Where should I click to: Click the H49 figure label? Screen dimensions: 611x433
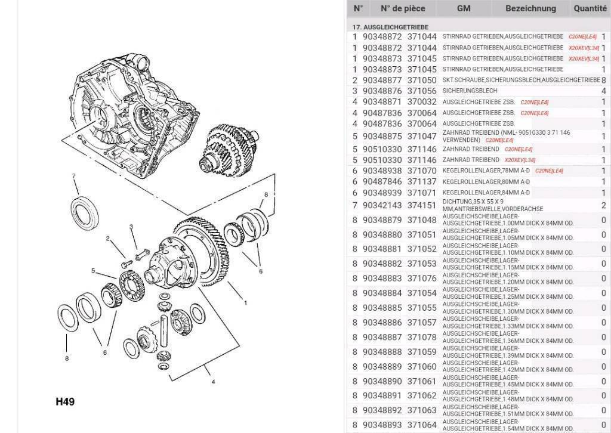coord(65,401)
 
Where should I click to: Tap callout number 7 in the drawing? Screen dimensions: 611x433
coord(73,177)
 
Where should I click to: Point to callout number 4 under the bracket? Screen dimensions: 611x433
coord(213,382)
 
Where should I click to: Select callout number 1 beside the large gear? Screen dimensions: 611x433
coord(245,302)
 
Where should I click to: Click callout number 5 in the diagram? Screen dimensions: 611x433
coord(93,271)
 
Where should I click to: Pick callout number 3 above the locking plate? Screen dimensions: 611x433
coord(131,227)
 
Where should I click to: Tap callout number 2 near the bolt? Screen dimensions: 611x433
coord(108,239)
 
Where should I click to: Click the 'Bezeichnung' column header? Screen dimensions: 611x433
coord(530,8)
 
